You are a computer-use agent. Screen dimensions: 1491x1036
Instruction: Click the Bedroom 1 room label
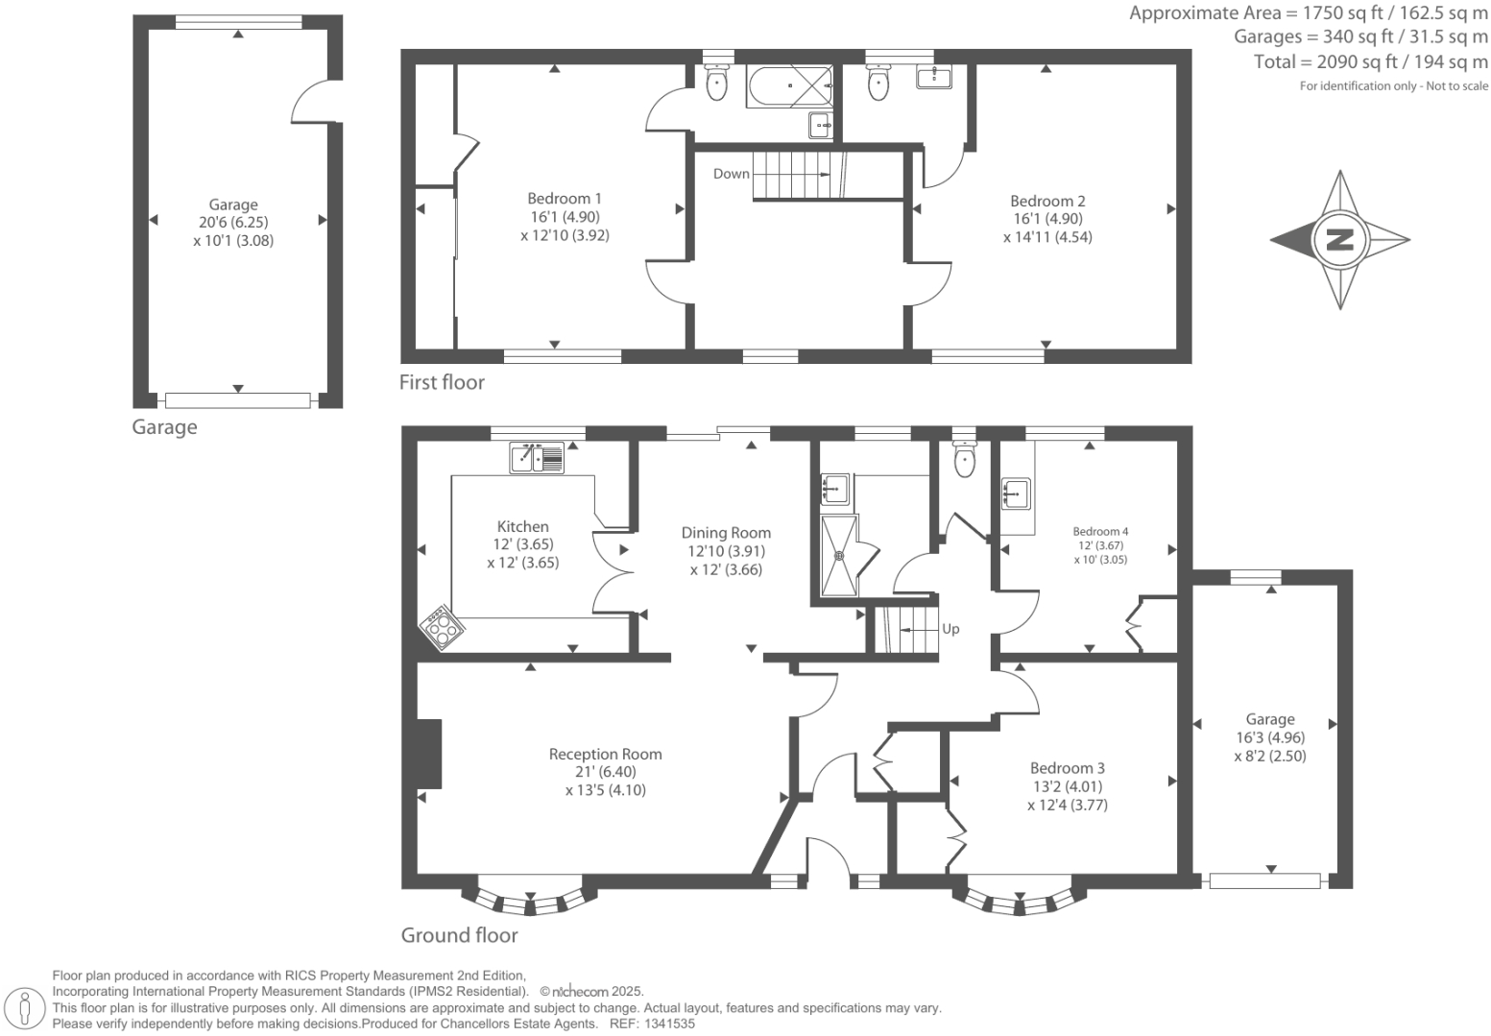tap(565, 199)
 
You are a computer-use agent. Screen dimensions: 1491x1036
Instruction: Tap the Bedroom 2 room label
tap(1047, 201)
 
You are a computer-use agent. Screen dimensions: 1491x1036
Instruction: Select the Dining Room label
tap(726, 533)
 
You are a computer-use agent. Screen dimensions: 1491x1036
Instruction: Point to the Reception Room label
tap(606, 754)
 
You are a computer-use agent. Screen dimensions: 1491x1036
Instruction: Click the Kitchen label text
tap(523, 526)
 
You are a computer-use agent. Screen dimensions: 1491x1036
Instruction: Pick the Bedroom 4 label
tap(1100, 531)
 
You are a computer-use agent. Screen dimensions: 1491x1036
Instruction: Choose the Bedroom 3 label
tap(1068, 768)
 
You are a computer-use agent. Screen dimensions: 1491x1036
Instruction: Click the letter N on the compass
tap(1340, 240)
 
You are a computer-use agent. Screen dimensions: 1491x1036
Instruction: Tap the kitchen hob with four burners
tap(442, 627)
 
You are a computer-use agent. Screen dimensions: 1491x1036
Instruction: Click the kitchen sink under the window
tap(537, 457)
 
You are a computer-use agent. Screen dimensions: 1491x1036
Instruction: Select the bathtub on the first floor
tap(789, 85)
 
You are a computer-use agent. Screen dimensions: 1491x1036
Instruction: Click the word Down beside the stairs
tap(731, 174)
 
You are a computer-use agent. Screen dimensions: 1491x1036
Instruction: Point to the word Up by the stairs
tap(950, 629)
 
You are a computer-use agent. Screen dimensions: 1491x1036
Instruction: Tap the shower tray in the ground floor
tap(839, 555)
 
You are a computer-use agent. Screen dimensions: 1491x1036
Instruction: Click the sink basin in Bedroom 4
tap(1016, 494)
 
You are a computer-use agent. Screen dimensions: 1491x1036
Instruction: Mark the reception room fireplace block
tap(428, 754)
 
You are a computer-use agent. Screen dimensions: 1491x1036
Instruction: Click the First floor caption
tap(442, 382)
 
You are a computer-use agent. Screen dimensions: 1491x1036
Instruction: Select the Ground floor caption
tap(459, 935)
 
